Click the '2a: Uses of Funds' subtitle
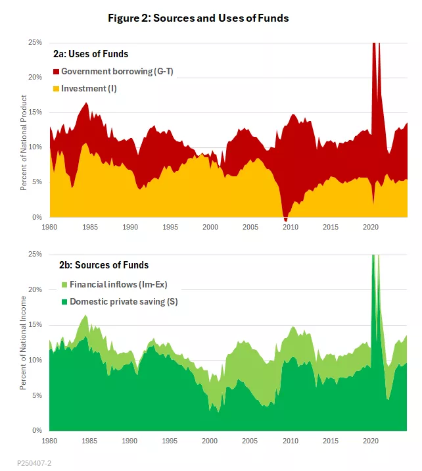[91, 53]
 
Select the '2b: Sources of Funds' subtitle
[104, 265]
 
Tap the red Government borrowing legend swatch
[57, 71]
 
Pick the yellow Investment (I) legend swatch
[57, 88]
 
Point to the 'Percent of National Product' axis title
[24, 143]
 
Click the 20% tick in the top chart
[35, 77]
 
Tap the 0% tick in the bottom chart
[37, 430]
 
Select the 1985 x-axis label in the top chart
[90, 227]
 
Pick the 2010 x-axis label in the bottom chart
[290, 440]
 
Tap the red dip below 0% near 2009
[285, 218]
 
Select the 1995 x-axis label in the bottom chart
[170, 440]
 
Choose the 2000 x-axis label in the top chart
[210, 227]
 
